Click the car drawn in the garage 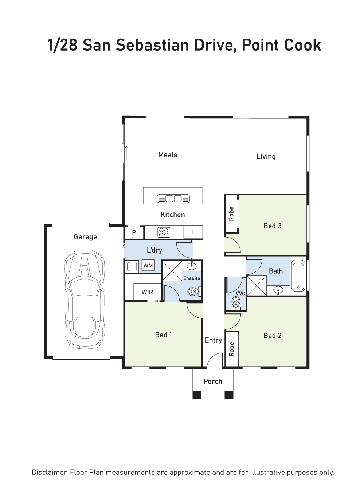[x=85, y=299]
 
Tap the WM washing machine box [x=148, y=265]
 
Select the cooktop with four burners [x=164, y=232]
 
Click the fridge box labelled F [x=193, y=232]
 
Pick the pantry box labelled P [x=134, y=232]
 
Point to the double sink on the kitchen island [x=173, y=199]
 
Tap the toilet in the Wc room [x=236, y=304]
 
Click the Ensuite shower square [x=172, y=271]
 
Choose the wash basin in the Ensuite [x=192, y=266]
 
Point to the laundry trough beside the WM [x=132, y=266]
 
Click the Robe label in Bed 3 [x=231, y=214]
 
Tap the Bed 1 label [x=164, y=335]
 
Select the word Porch [x=213, y=381]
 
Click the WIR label [x=147, y=292]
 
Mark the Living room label [x=266, y=157]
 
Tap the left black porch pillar [x=197, y=395]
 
